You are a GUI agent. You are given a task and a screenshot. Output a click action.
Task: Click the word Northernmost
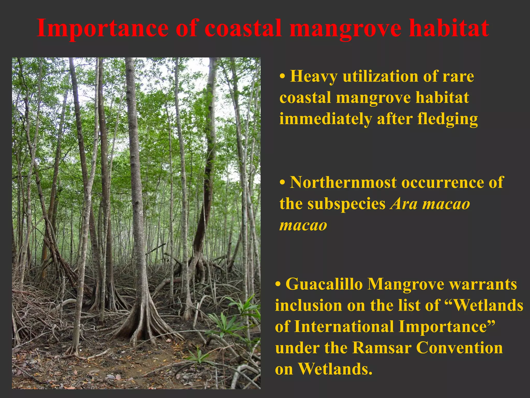[343, 182]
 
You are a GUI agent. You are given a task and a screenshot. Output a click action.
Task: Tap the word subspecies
[347, 204]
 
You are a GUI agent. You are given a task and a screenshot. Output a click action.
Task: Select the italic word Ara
[404, 204]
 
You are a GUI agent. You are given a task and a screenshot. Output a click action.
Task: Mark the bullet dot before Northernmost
[283, 183]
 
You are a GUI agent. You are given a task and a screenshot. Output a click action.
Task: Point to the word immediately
[326, 119]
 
